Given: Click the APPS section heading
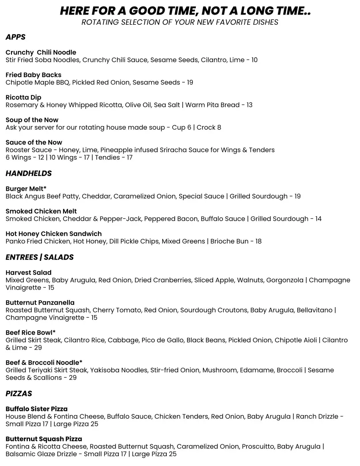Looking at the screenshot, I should tap(15, 37).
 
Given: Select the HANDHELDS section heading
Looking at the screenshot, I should tap(29, 173).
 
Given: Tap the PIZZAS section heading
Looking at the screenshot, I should tap(19, 393).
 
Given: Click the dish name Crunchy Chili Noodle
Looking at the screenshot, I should tap(41, 52).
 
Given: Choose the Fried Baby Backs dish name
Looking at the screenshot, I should tap(34, 75).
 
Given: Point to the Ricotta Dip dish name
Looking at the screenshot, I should tap(23, 97).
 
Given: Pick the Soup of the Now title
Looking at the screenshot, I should tap(32, 120).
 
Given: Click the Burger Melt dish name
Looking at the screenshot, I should tap(26, 189).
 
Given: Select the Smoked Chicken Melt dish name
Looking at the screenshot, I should tap(41, 211).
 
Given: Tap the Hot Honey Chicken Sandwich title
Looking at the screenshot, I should tap(54, 234).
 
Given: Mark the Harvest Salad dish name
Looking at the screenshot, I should tap(29, 273).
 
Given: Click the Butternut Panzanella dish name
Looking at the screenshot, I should tap(40, 303).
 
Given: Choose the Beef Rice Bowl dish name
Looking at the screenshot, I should tap(30, 333).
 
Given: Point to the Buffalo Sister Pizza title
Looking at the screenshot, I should tap(37, 409).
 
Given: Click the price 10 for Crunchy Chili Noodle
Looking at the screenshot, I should tap(254, 60).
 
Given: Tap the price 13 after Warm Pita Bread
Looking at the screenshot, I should tap(249, 105).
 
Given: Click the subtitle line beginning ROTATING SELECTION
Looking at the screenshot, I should tap(180, 22).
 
